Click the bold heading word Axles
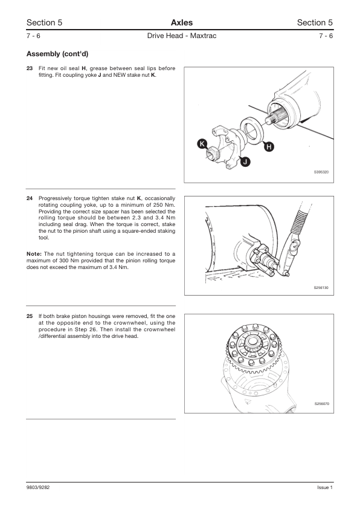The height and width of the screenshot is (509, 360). (x=182, y=22)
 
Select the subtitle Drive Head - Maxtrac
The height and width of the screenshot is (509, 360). (x=182, y=36)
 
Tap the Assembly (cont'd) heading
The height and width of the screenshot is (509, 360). (x=57, y=54)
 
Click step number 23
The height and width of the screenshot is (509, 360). (x=30, y=68)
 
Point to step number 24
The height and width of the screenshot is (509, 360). (x=30, y=198)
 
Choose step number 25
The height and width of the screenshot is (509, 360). (x=30, y=316)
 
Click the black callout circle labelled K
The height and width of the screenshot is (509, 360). (x=202, y=144)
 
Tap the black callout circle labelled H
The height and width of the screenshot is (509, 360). (x=269, y=147)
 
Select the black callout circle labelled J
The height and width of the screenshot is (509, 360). (x=245, y=161)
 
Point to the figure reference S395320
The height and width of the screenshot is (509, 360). (x=321, y=172)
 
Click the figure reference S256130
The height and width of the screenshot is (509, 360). (x=321, y=288)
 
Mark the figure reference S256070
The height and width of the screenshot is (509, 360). (x=322, y=404)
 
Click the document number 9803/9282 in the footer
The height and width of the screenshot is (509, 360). (x=38, y=487)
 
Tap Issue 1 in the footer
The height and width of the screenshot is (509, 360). (x=325, y=487)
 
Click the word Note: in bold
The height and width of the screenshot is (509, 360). (x=34, y=254)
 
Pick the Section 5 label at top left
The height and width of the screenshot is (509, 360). (x=45, y=22)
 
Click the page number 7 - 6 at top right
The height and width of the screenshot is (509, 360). (x=326, y=36)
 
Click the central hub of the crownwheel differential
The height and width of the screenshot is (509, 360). (x=251, y=342)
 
